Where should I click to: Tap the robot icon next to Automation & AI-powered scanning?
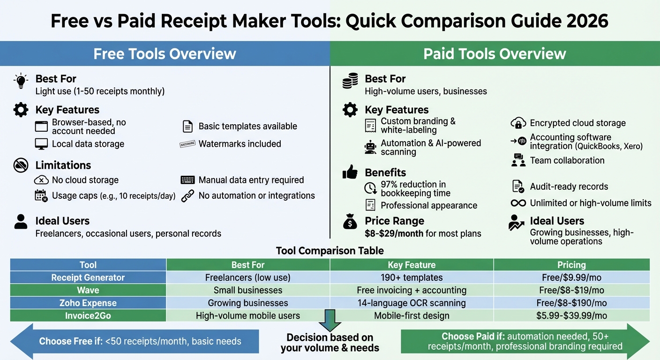click(370, 147)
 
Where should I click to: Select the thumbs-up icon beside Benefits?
click(350, 172)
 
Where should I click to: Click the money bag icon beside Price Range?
click(350, 222)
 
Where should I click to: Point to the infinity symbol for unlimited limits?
click(518, 203)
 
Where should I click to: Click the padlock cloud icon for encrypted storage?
click(518, 123)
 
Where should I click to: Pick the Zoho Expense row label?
click(88, 303)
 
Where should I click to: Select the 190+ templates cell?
click(412, 277)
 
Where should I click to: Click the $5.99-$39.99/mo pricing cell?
click(571, 315)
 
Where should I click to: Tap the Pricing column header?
click(571, 265)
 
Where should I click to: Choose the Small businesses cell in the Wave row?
click(248, 290)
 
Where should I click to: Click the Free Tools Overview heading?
click(165, 53)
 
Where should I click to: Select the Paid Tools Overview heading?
click(495, 53)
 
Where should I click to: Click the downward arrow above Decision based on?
click(330, 321)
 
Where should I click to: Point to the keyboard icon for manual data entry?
click(187, 180)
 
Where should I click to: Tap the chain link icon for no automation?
click(187, 195)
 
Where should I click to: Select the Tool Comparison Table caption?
click(330, 251)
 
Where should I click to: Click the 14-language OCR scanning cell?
click(412, 303)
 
